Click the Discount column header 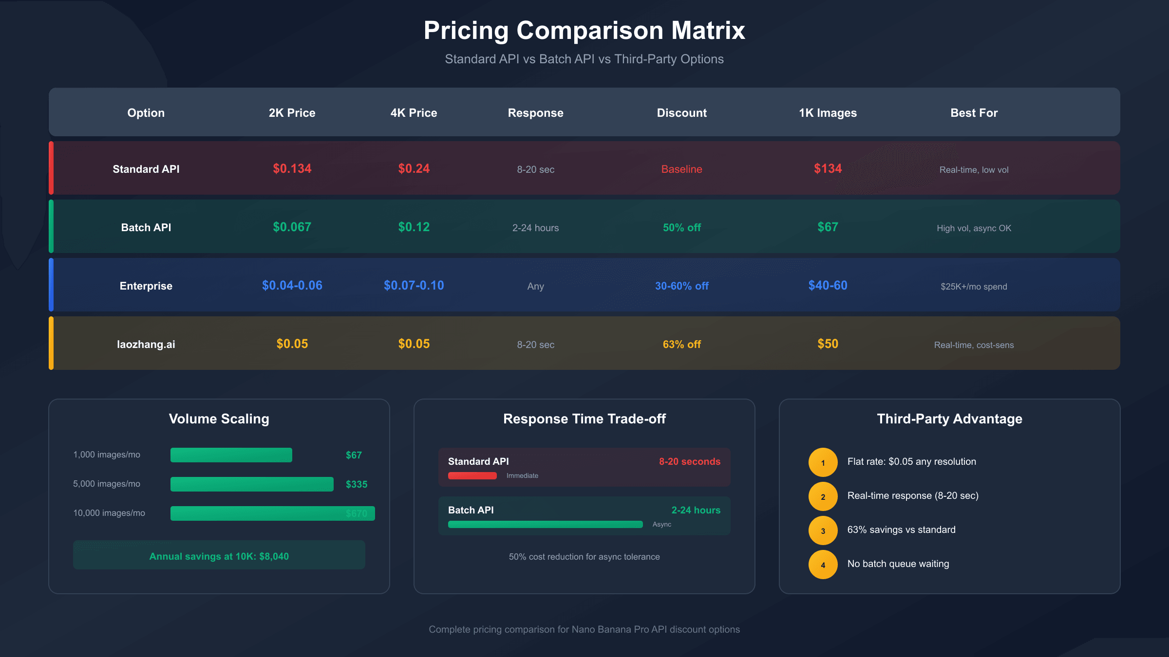(x=681, y=113)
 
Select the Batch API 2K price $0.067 (x=292, y=227)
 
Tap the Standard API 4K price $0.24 (x=414, y=169)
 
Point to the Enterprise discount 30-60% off (x=681, y=286)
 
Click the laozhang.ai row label (x=146, y=345)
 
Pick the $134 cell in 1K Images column (x=828, y=169)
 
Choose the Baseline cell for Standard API (x=681, y=169)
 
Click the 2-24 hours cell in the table (x=535, y=228)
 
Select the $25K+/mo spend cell (x=974, y=287)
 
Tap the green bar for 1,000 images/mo (x=231, y=455)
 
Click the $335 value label (x=357, y=484)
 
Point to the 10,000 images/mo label (x=109, y=513)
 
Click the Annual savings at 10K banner (x=219, y=555)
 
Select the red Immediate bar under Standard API (x=472, y=476)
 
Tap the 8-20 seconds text (x=689, y=461)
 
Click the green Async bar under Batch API (x=545, y=525)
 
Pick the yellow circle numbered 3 (x=823, y=530)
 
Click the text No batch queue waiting (x=898, y=564)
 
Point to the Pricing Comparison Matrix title (x=584, y=30)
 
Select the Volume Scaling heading (x=219, y=419)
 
